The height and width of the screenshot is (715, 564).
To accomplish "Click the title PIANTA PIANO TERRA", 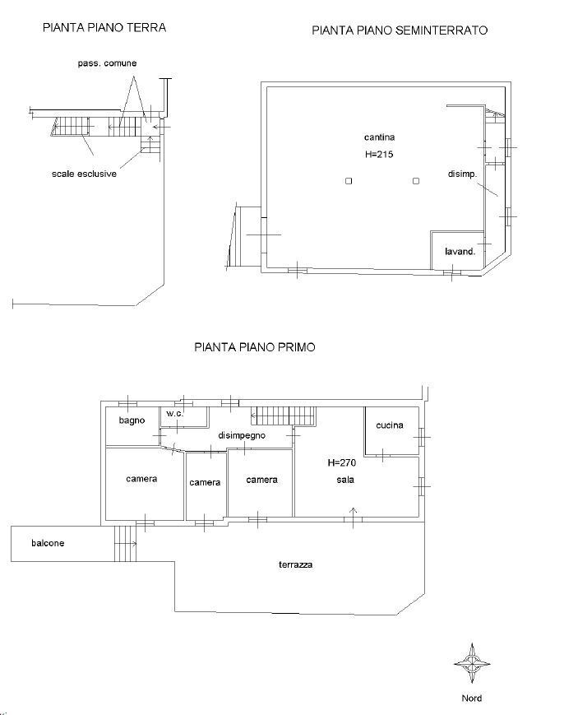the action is pyautogui.click(x=104, y=28).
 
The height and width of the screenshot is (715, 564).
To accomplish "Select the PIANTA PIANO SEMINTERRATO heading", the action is pyautogui.click(x=400, y=30).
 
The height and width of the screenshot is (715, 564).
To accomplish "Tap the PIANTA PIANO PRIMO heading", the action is pyautogui.click(x=255, y=347).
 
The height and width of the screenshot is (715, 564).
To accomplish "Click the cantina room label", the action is pyautogui.click(x=379, y=137).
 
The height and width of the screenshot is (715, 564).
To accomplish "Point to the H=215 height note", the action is pyautogui.click(x=379, y=154).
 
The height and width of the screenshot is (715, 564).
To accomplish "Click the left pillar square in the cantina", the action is pyautogui.click(x=349, y=181).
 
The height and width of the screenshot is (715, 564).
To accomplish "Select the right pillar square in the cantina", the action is pyautogui.click(x=416, y=181).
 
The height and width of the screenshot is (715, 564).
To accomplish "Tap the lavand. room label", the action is pyautogui.click(x=460, y=251).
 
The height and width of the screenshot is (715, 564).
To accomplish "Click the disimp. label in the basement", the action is pyautogui.click(x=462, y=174).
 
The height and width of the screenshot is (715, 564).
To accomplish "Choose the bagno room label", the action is pyautogui.click(x=132, y=420).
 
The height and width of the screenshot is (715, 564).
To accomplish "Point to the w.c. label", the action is pyautogui.click(x=175, y=414).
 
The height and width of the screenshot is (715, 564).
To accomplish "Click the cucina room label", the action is pyautogui.click(x=390, y=425).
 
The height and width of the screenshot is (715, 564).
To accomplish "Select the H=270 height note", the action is pyautogui.click(x=342, y=463).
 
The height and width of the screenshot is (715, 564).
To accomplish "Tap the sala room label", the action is pyautogui.click(x=345, y=480).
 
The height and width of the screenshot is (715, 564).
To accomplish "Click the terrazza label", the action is pyautogui.click(x=296, y=564).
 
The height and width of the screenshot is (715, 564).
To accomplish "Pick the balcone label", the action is pyautogui.click(x=48, y=543).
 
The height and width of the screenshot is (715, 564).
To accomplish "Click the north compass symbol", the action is pyautogui.click(x=472, y=663).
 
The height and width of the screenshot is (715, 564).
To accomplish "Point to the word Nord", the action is pyautogui.click(x=472, y=698).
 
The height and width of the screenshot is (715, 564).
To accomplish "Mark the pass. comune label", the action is pyautogui.click(x=107, y=63).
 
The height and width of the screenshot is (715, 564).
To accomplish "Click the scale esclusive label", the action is pyautogui.click(x=85, y=174).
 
